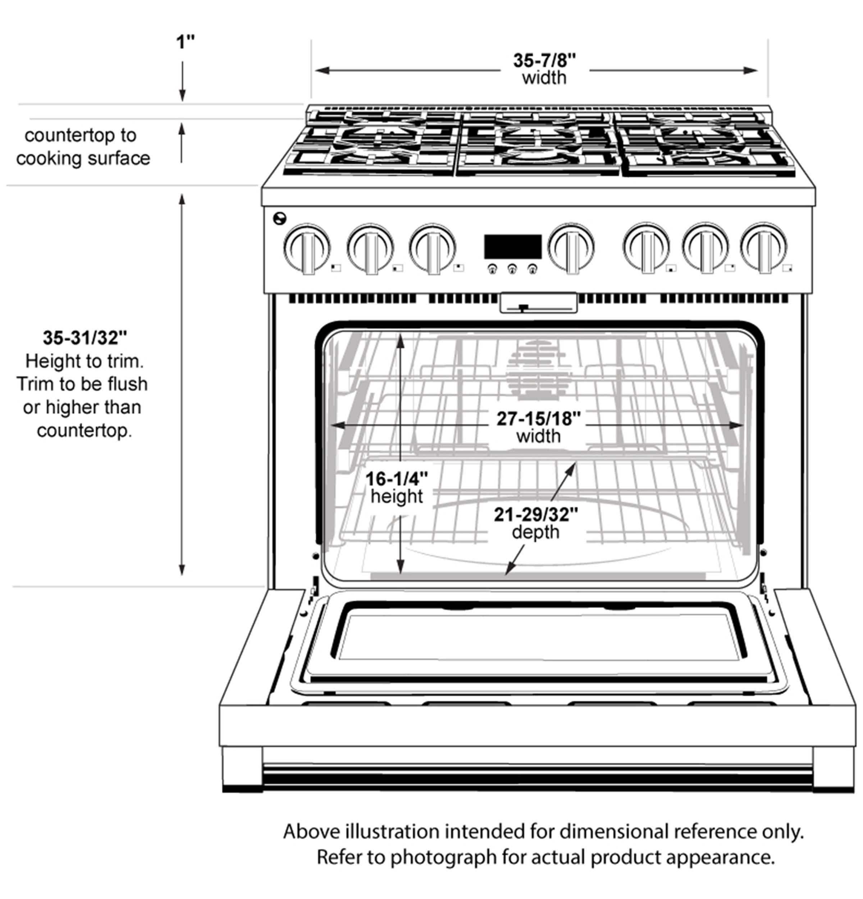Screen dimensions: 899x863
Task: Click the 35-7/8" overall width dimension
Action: point(544,60)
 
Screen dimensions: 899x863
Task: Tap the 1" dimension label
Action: point(185,42)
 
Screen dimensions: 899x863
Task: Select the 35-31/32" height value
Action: point(85,338)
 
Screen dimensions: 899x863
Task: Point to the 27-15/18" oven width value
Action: point(538,418)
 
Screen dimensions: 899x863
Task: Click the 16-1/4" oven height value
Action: point(396,479)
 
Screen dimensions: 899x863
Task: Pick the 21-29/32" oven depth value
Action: point(535,515)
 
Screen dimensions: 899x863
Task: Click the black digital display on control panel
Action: point(513,247)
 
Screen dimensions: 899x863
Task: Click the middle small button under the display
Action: point(512,269)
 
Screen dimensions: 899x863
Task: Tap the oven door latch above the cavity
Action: point(538,304)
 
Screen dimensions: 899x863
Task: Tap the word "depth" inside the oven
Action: point(535,532)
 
